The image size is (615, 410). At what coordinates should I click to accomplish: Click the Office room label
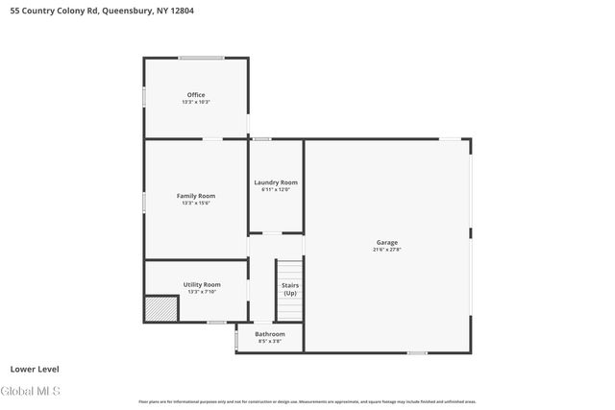point(196,94)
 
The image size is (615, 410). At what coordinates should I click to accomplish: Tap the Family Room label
point(196,196)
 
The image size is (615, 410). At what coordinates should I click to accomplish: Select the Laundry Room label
point(276,182)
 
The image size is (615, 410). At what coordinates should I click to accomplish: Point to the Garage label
point(386,242)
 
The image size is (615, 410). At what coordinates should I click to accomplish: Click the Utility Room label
point(202,284)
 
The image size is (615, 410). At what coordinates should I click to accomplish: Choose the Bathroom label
point(270,334)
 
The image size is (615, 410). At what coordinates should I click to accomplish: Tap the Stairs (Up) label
point(289,288)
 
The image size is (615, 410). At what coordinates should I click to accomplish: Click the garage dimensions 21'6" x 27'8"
point(386,250)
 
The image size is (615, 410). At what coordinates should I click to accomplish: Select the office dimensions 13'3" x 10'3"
point(196,102)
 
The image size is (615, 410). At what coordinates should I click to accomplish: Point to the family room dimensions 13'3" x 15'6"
point(196,204)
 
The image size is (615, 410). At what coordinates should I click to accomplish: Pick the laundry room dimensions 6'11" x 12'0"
point(276,190)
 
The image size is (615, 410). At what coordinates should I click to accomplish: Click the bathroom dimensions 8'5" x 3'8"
point(270,342)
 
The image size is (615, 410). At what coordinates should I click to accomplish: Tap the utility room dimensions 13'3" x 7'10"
point(202,292)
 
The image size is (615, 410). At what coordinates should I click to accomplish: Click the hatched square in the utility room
point(161,309)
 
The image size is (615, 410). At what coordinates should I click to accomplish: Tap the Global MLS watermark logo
point(32,391)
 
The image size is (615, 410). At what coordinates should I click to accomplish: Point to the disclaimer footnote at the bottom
point(307,401)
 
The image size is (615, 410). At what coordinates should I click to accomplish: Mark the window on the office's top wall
point(202,59)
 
